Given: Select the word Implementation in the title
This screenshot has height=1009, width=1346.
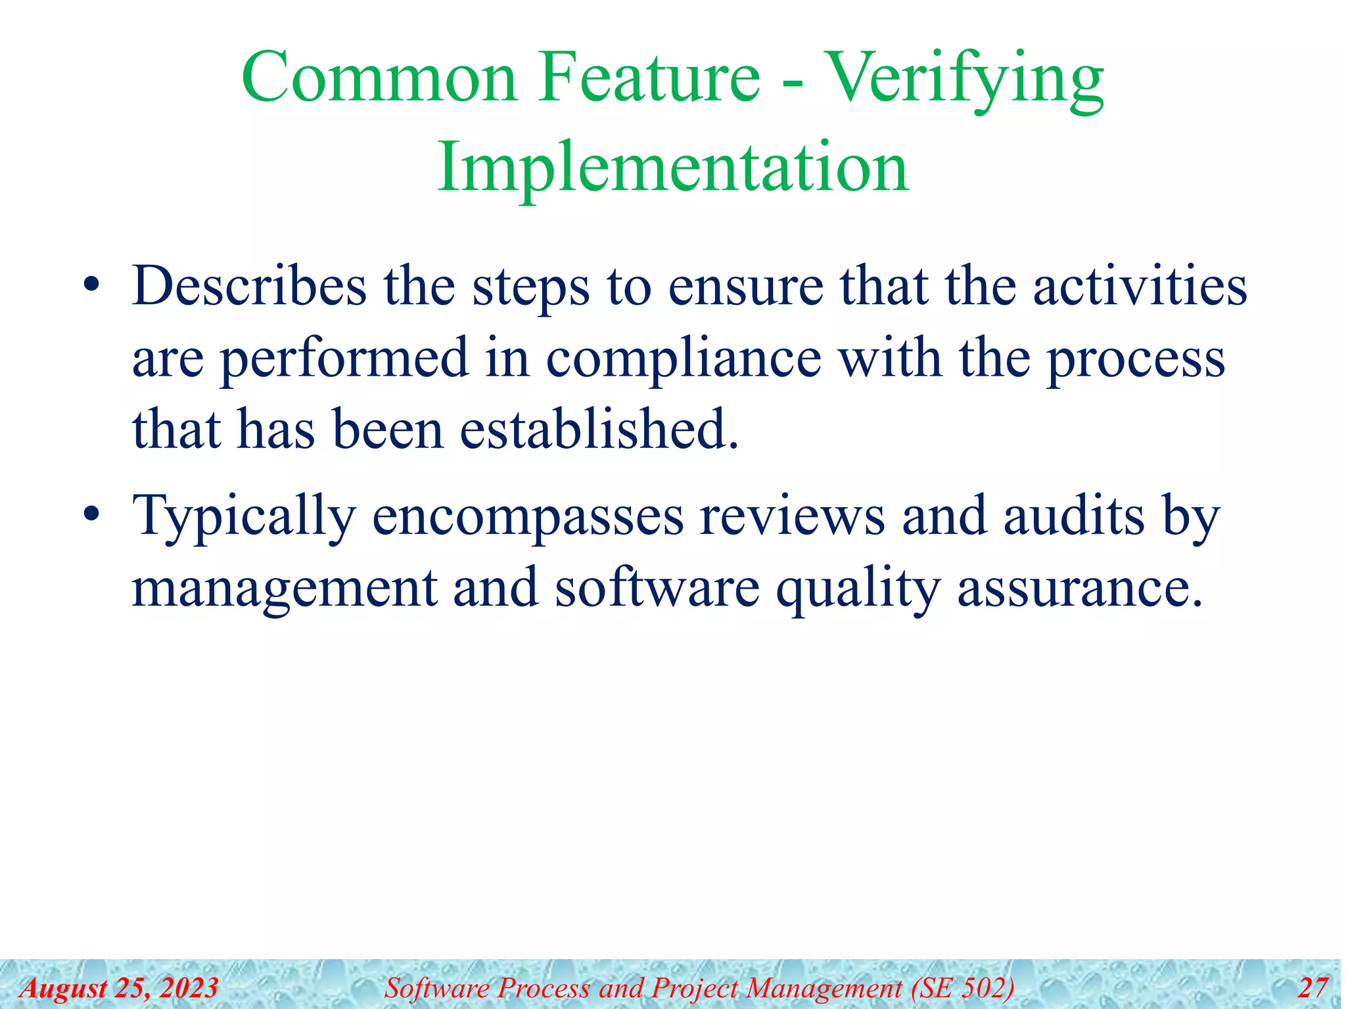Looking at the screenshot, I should [673, 168].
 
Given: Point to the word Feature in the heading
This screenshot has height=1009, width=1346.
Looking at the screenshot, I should [649, 79].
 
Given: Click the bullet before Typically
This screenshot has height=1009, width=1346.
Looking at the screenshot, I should [91, 514].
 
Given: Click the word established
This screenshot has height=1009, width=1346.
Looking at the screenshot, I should [599, 430].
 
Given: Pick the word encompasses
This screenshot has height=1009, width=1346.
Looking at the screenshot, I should [528, 517].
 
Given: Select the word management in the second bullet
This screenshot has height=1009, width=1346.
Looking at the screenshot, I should [284, 589].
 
